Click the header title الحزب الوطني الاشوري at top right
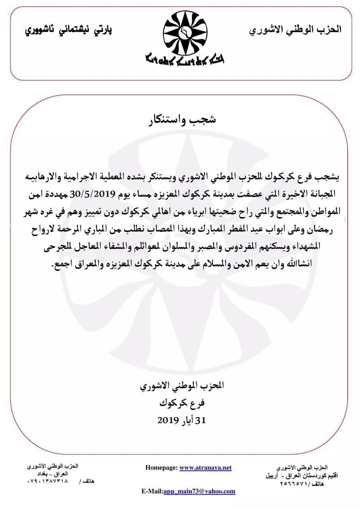coord(296,29)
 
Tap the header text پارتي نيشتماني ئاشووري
coord(69,30)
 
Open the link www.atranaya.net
coord(205,468)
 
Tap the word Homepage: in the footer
coord(161,468)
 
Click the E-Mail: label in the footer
coord(152,491)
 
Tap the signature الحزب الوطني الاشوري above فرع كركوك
coord(182,385)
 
